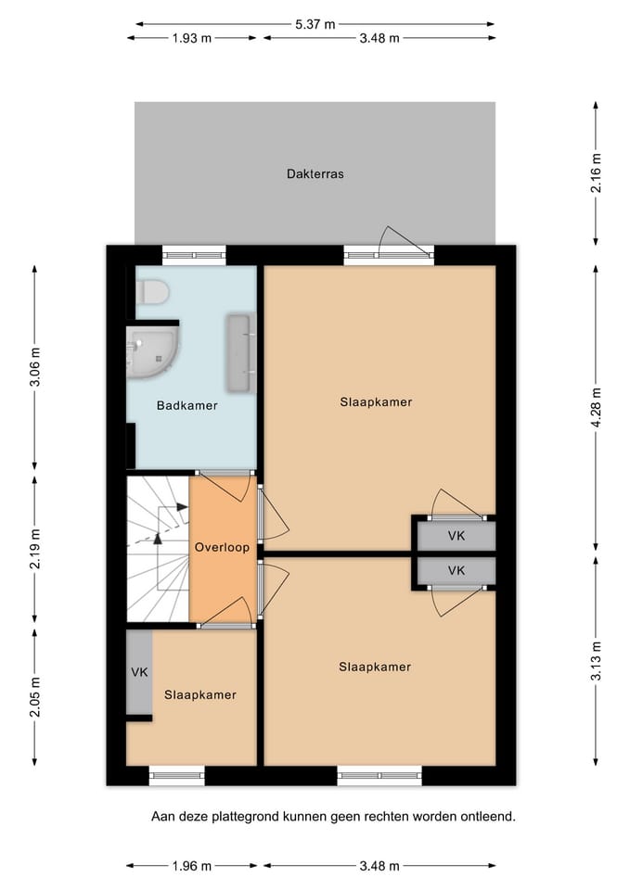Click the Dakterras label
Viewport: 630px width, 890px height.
tap(315, 173)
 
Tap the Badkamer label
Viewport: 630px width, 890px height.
tap(186, 405)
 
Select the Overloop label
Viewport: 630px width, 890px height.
tap(222, 547)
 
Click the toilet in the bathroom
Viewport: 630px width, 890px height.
tap(153, 292)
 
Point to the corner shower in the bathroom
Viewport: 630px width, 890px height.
tap(151, 351)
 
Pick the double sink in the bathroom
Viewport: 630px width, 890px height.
tap(241, 353)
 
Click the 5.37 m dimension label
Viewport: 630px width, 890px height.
tap(315, 24)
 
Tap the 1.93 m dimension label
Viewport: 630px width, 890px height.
tap(191, 38)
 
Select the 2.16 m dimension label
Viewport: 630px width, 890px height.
tap(596, 173)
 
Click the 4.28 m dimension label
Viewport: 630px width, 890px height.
tap(596, 408)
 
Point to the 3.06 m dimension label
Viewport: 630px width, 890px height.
tap(34, 366)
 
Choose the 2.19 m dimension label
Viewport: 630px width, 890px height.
tap(34, 548)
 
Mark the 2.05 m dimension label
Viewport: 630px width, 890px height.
tap(34, 696)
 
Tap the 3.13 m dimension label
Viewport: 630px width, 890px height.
tap(596, 661)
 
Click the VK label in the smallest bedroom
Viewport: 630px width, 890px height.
tap(139, 672)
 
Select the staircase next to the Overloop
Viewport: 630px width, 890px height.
tap(158, 549)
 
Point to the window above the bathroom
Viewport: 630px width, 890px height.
tap(194, 256)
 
